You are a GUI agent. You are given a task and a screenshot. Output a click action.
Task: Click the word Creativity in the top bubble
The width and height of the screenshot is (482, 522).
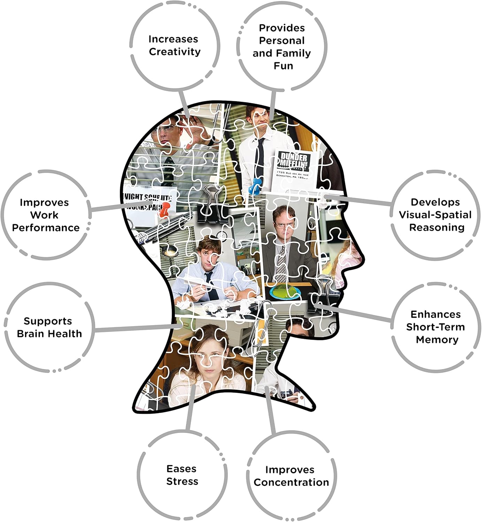[174, 52]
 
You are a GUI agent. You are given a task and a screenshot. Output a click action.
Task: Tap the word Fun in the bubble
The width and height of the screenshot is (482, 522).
[283, 66]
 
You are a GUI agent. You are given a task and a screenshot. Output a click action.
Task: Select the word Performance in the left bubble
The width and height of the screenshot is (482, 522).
[46, 228]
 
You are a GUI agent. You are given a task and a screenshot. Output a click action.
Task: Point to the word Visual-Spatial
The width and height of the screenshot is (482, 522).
[435, 215]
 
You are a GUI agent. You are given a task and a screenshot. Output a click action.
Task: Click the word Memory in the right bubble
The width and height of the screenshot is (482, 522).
[437, 340]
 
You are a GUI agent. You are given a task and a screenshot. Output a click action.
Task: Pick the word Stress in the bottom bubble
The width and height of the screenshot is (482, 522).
[182, 482]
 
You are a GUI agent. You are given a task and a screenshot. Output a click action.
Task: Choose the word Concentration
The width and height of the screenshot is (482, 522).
[291, 482]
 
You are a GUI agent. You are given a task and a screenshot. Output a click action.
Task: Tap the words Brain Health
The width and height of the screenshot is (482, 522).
[49, 334]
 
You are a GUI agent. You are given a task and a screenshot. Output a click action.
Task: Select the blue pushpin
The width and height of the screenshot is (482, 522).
[256, 184]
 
